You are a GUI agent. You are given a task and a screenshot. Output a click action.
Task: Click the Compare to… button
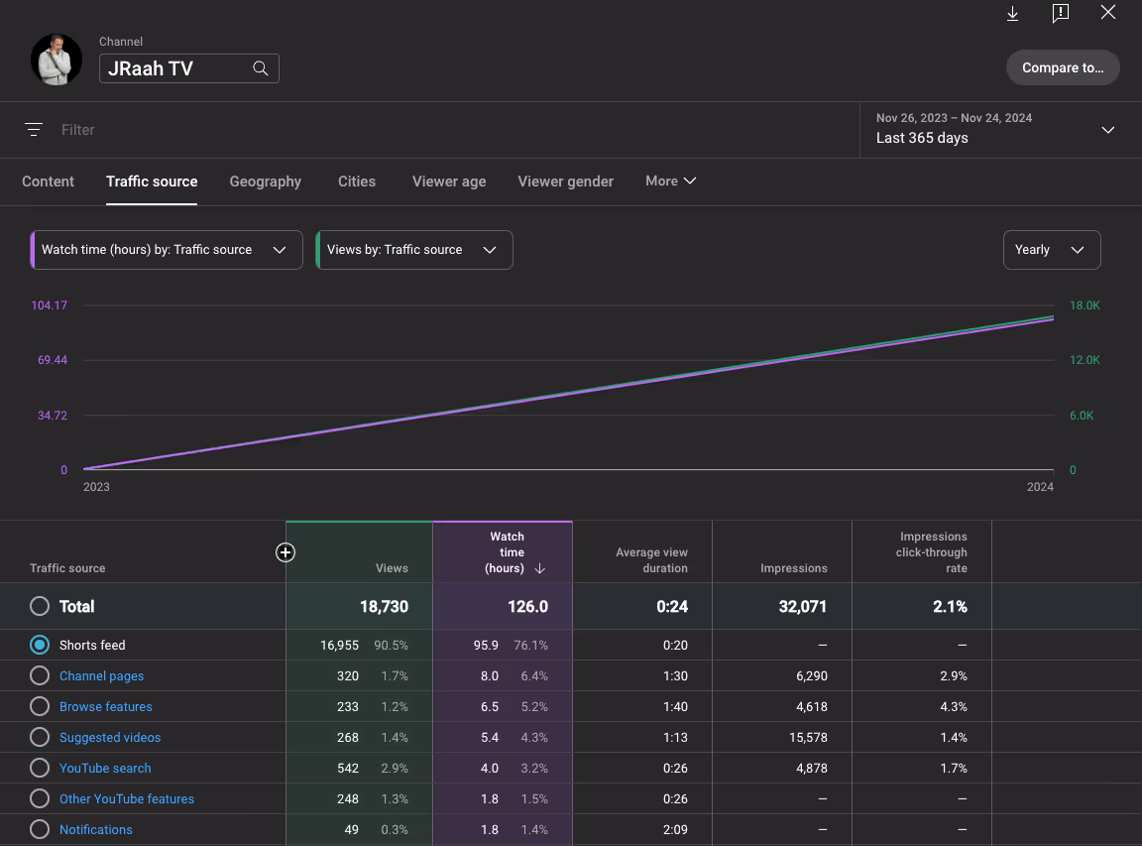(1063, 67)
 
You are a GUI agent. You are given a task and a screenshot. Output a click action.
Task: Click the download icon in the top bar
(1012, 13)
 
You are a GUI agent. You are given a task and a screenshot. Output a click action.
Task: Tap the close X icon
(1107, 12)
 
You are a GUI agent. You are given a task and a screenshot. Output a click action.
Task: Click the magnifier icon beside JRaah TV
(260, 68)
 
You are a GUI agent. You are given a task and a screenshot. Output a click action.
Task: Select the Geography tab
(265, 181)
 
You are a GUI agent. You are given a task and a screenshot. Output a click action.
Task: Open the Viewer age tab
(449, 181)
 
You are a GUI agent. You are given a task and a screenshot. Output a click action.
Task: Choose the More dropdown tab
(671, 181)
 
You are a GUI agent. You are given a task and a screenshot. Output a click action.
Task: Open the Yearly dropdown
(1052, 250)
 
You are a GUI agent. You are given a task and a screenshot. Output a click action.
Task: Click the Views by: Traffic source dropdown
(414, 250)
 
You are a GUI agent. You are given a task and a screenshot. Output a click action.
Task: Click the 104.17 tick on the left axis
(49, 305)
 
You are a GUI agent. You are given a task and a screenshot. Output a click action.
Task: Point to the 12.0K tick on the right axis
(1085, 360)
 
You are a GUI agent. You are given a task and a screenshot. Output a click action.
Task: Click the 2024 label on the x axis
(1040, 487)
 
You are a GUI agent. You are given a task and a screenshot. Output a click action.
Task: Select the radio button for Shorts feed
(40, 645)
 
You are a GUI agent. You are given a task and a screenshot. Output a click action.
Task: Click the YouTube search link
(106, 768)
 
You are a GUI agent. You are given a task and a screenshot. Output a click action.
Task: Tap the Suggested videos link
(110, 738)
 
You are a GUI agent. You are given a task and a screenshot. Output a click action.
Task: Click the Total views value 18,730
(384, 606)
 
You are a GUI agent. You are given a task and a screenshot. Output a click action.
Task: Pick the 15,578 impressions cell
(809, 738)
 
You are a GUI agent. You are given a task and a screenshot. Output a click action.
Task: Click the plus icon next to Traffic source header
(285, 552)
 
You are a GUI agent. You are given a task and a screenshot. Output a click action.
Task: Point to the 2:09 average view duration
(675, 829)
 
